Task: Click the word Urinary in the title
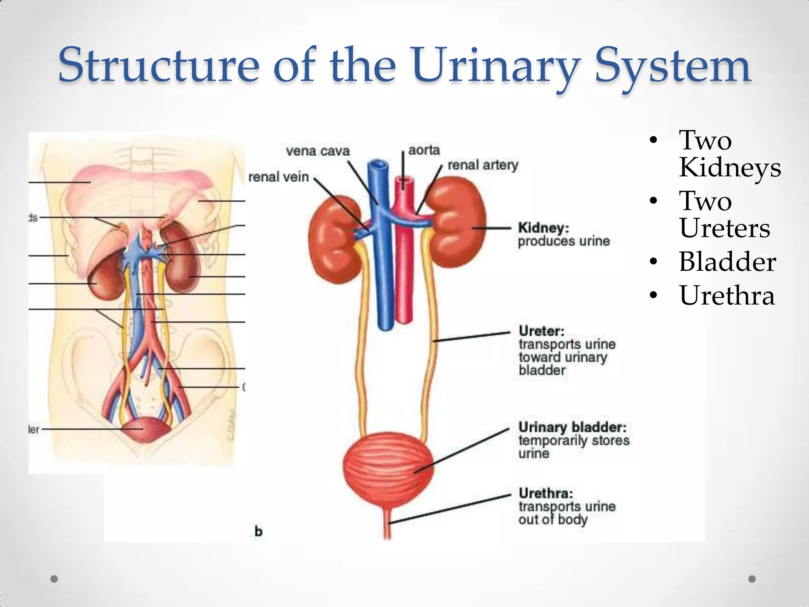[x=497, y=66]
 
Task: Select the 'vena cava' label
[x=318, y=151]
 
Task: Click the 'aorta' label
[x=424, y=150]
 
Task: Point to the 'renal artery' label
[x=483, y=165]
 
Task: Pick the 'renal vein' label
[x=278, y=177]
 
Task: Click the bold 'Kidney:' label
[x=544, y=228]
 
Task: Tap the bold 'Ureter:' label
[x=542, y=331]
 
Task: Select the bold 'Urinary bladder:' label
[x=572, y=427]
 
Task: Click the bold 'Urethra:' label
[x=546, y=493]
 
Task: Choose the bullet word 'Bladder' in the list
[x=727, y=262]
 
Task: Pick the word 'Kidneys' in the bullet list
[x=730, y=168]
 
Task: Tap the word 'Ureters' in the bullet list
[x=724, y=228]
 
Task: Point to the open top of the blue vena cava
[x=378, y=163]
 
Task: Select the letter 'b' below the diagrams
[x=258, y=532]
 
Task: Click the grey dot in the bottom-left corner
[x=55, y=579]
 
